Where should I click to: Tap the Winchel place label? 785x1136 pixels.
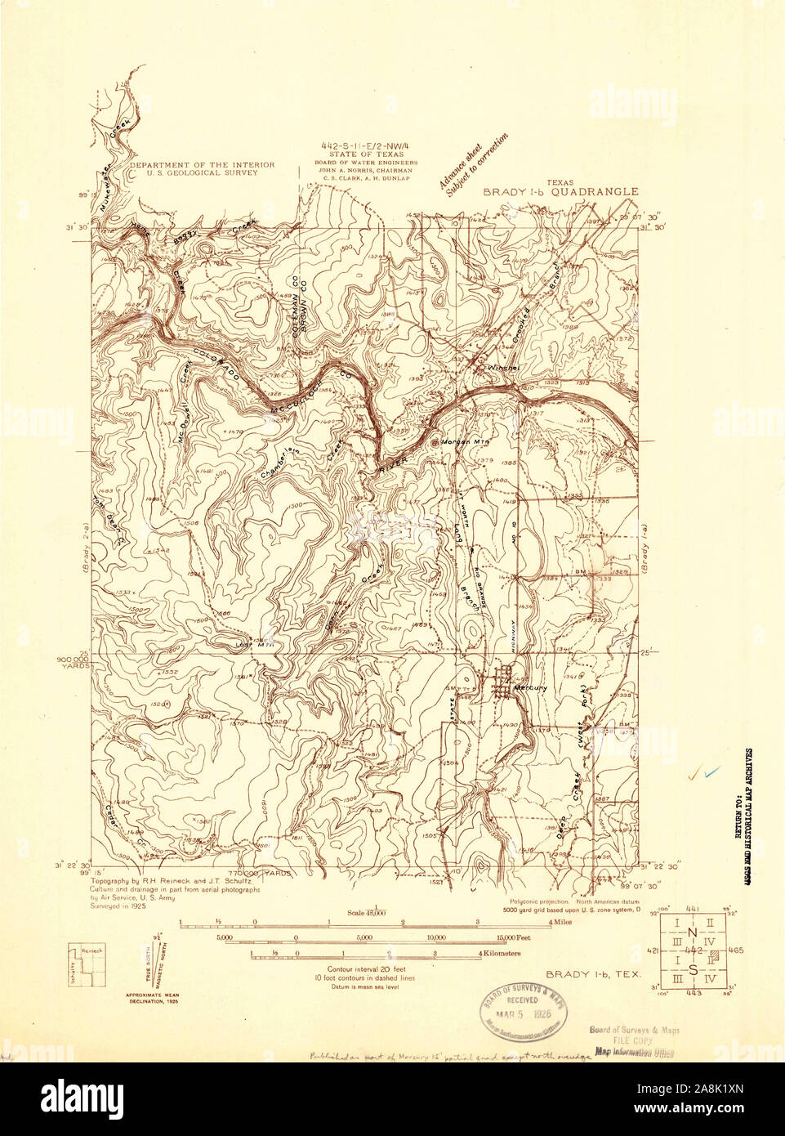pyautogui.click(x=503, y=368)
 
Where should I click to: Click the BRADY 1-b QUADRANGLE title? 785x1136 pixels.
pyautogui.click(x=560, y=192)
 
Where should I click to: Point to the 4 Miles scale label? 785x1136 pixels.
pyautogui.click(x=560, y=921)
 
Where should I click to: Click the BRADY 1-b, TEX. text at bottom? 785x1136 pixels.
pyautogui.click(x=592, y=974)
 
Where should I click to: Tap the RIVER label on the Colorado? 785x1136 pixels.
pyautogui.click(x=392, y=467)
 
